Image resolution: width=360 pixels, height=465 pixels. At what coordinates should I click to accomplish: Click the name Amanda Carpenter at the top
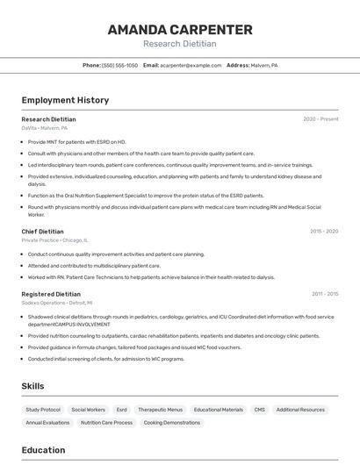coord(180,29)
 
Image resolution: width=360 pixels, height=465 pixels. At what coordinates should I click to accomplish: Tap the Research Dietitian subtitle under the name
coord(180,44)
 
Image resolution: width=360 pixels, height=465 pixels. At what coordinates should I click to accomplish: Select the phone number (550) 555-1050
coord(119,65)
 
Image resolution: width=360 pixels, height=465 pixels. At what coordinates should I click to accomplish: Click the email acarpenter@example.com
coord(191,65)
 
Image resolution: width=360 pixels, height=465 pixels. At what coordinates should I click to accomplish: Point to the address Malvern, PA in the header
coord(263,65)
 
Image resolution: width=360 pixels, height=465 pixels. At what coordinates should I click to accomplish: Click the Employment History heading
coord(65,100)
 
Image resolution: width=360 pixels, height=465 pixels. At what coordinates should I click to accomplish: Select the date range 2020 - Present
coord(320,119)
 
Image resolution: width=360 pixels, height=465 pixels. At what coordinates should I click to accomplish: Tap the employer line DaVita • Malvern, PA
coord(45,128)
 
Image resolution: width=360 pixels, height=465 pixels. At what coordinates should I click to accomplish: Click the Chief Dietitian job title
coord(43,232)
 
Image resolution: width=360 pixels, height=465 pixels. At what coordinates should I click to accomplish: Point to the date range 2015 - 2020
coord(324,232)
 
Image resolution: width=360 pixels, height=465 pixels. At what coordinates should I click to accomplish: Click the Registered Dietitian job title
coord(51,294)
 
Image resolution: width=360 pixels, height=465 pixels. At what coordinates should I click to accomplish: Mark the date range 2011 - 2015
coord(325,294)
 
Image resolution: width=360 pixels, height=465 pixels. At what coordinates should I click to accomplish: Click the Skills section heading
coord(33,386)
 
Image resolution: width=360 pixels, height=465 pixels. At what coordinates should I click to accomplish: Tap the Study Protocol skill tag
coord(43,410)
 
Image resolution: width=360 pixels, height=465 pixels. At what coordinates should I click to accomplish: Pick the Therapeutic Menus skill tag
coord(161,410)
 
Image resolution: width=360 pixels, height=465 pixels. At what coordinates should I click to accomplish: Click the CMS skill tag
coord(259,410)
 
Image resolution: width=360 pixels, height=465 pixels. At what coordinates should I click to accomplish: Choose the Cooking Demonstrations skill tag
coord(172,423)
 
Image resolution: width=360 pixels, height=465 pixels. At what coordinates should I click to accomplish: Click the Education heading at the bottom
coord(43,450)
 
